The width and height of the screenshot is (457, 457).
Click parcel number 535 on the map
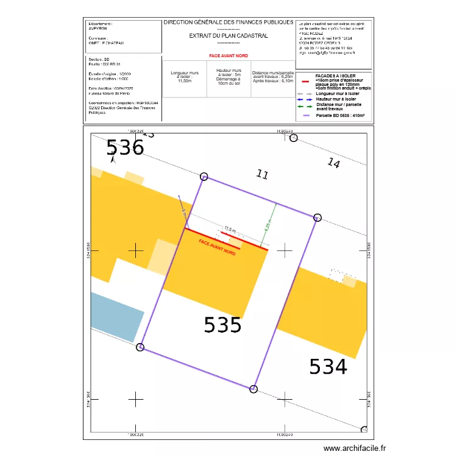point(222,325)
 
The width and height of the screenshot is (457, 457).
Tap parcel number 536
point(125,148)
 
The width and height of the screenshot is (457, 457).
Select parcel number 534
point(328,367)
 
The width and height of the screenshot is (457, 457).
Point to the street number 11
point(262,174)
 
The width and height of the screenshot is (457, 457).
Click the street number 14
point(333,163)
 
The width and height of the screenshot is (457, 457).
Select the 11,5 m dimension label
point(229,229)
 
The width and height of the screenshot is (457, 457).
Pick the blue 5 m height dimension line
point(182,207)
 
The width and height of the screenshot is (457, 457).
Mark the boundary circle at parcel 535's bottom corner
point(254,389)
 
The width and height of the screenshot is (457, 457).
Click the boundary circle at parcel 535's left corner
point(140,347)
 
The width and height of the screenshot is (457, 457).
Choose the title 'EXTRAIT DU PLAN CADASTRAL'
point(228,36)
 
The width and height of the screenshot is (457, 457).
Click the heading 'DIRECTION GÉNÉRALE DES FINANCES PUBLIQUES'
point(228,23)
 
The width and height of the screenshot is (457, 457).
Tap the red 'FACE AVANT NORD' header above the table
point(228,55)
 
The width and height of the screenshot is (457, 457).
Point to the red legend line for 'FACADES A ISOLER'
point(306,81)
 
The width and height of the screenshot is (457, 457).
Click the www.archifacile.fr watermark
point(355,448)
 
